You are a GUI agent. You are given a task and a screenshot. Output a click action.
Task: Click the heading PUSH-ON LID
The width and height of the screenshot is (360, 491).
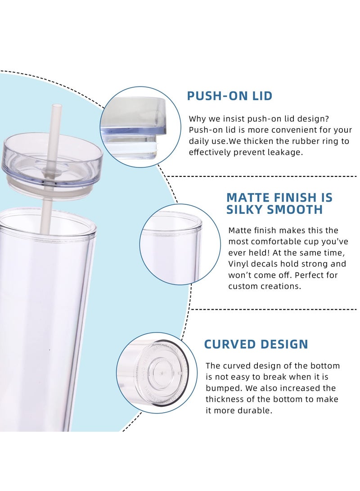pyautogui.click(x=229, y=96)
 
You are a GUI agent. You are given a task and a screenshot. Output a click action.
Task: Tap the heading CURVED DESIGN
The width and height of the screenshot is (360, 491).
pyautogui.click(x=256, y=344)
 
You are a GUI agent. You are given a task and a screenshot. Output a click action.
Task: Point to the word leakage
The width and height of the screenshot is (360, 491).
pyautogui.click(x=285, y=152)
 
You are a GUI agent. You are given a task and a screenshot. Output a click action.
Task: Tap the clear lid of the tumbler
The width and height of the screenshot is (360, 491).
pyautogui.click(x=52, y=160)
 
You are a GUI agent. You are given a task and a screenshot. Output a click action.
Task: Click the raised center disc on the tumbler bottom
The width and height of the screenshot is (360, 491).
pyautogui.click(x=160, y=373)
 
